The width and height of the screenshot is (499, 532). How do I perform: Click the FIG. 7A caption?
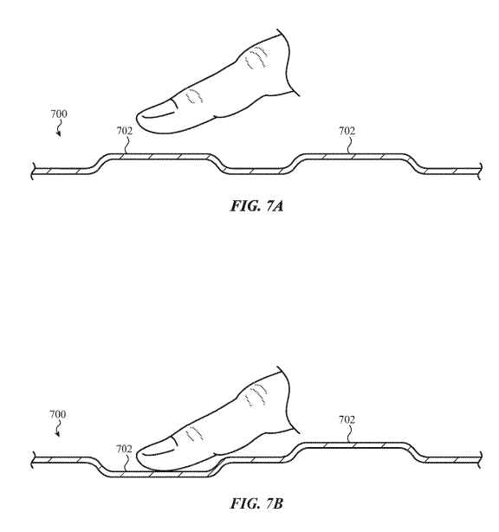coord(256,206)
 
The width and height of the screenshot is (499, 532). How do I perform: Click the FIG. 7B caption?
coord(256,503)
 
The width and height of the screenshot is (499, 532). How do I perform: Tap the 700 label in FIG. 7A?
coord(59,114)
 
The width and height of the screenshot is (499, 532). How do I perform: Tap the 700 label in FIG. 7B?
coord(58,414)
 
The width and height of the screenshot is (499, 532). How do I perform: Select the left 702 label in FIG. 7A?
coord(125,131)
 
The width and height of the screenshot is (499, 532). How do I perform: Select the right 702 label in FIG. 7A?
coord(347,131)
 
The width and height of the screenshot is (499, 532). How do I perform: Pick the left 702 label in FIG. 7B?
coord(124,449)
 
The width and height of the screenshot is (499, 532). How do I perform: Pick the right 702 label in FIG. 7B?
coord(347,419)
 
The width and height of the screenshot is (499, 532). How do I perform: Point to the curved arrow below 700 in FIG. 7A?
coord(58,128)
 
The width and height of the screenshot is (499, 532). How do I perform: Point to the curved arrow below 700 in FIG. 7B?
coord(57,429)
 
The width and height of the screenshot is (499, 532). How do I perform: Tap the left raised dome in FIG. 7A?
coord(158,156)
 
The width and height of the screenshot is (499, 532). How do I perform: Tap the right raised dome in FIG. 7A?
coord(353,156)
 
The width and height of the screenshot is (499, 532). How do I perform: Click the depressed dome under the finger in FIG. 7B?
coord(158,474)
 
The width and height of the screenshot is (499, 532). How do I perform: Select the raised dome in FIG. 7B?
coord(353,445)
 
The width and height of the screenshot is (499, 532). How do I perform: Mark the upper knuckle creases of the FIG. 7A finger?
coord(256,57)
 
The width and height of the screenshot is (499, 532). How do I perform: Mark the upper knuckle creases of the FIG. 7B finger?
coord(256,395)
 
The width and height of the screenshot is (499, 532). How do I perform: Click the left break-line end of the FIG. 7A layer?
coord(33,172)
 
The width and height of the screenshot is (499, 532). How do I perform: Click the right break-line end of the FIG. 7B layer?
coord(480,460)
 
